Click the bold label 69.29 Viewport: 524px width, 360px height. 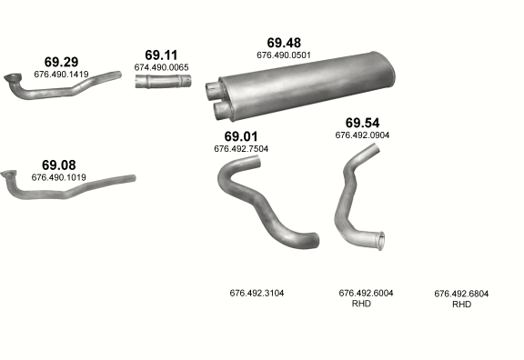pyautogui.click(x=61, y=62)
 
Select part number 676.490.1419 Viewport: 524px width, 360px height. pyautogui.click(x=61, y=75)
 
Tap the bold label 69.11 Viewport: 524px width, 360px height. pyautogui.click(x=161, y=55)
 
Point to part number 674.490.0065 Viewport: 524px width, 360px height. pyautogui.click(x=161, y=67)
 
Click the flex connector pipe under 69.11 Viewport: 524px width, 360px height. pyautogui.click(x=163, y=82)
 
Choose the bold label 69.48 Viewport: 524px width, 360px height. pyautogui.click(x=284, y=43)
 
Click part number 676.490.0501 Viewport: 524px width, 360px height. pyautogui.click(x=284, y=55)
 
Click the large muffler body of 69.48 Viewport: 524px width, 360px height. pyautogui.click(x=307, y=85)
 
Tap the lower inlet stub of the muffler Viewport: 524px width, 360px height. pyautogui.click(x=221, y=109)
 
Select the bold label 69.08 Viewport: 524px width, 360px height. pyautogui.click(x=59, y=165)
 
